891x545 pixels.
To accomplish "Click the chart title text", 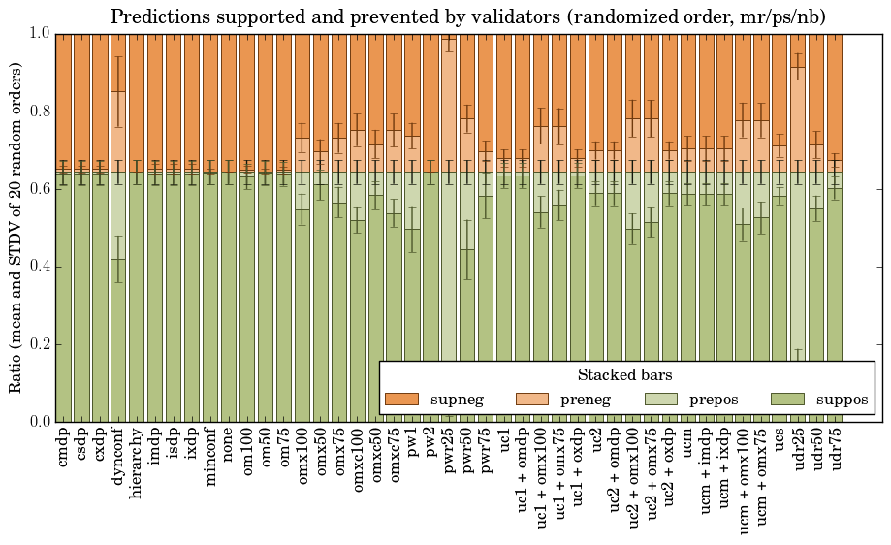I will pos(467,17).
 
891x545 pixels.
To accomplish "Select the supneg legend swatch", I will pos(401,400).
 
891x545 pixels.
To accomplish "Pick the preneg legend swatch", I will pos(531,400).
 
